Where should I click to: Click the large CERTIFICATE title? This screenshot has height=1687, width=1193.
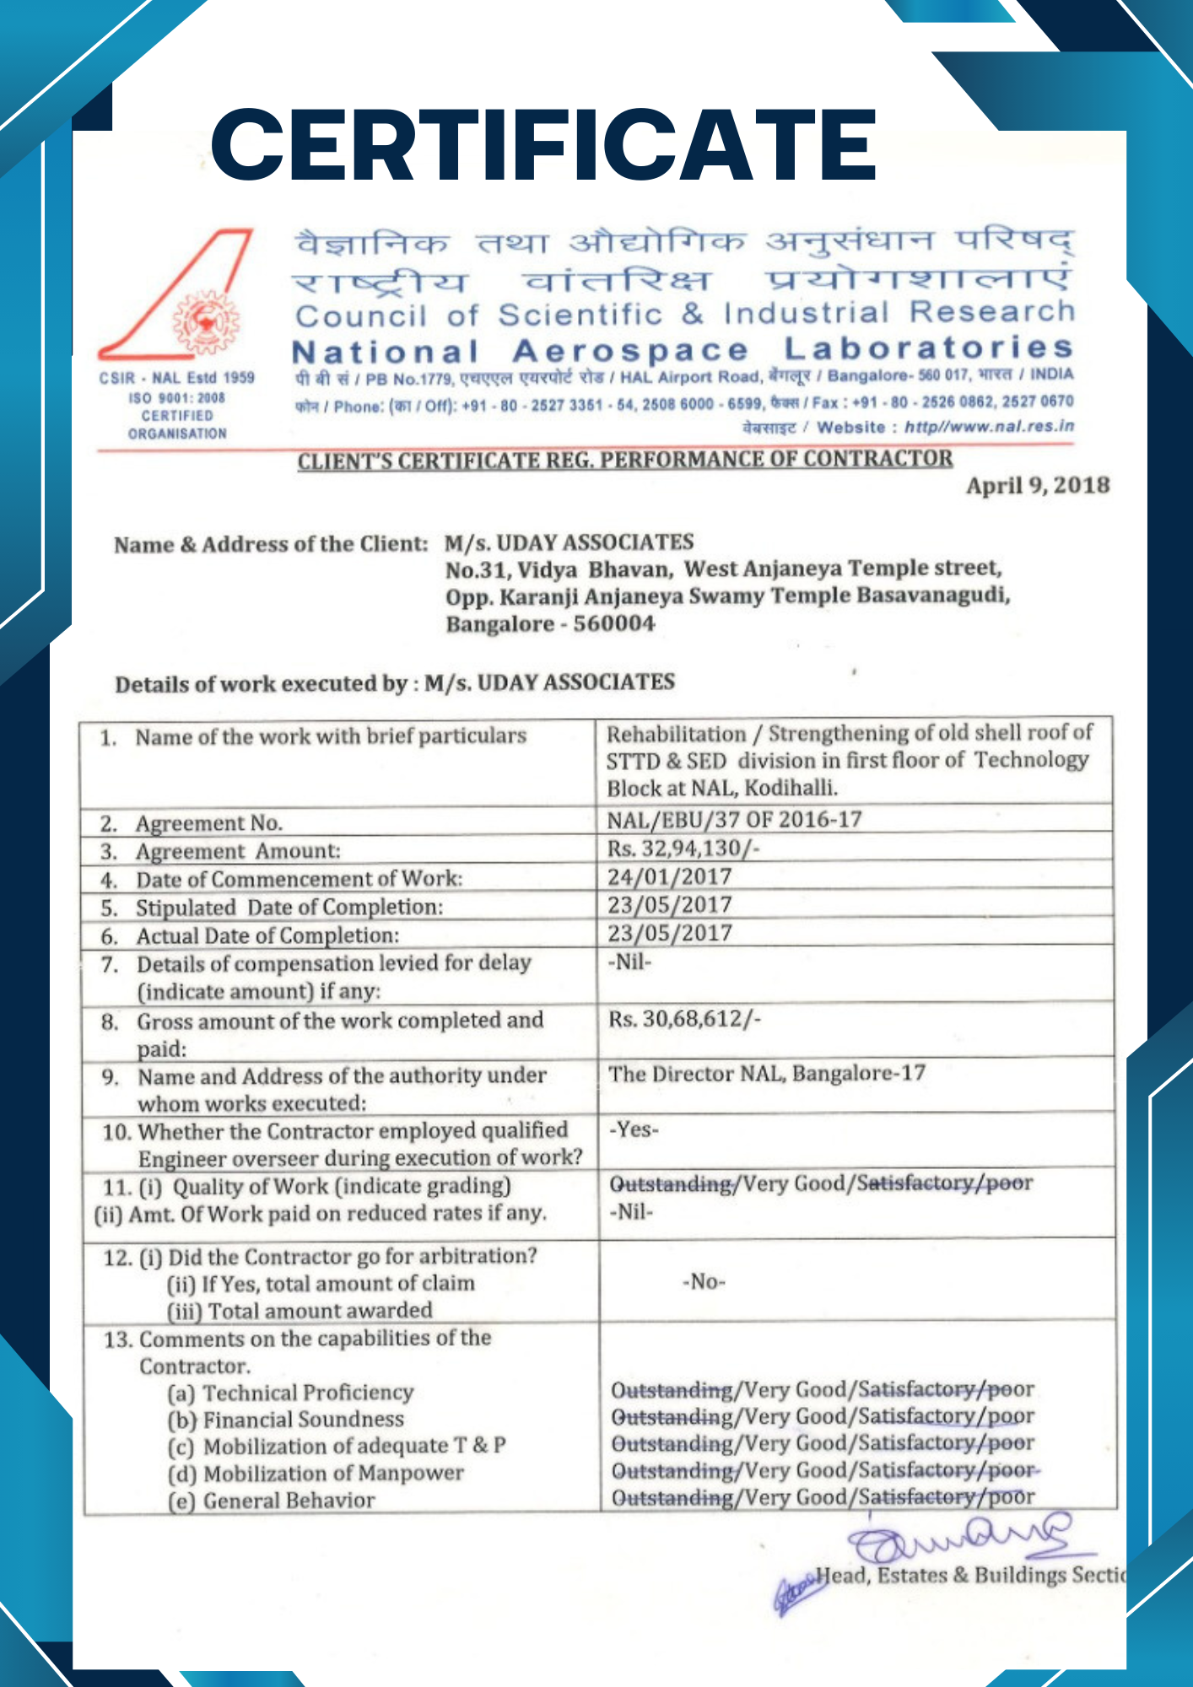544,145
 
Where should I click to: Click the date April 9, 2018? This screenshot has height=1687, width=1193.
1037,486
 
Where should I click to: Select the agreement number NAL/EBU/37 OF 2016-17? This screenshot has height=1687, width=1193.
734,820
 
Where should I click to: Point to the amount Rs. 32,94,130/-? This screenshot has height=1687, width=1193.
683,849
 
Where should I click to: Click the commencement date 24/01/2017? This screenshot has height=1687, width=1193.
669,877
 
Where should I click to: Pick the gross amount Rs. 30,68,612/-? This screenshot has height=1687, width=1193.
684,1020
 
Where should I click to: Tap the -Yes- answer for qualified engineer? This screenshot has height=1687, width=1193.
634,1129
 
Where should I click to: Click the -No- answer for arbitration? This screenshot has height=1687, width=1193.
704,1282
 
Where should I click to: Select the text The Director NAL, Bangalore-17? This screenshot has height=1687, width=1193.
767,1074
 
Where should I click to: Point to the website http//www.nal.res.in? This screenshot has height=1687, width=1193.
989,427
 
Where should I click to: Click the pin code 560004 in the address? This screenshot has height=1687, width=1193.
613,624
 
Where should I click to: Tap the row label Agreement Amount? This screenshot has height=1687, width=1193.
238,851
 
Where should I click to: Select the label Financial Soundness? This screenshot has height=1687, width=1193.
303,1420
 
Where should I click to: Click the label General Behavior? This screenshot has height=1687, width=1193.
289,1501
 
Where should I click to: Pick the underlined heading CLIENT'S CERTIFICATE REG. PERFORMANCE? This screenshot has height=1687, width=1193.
624,461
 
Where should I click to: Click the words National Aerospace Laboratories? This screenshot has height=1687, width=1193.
682,350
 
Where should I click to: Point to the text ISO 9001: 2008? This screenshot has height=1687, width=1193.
177,397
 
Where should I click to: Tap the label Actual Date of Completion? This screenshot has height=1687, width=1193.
267,936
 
